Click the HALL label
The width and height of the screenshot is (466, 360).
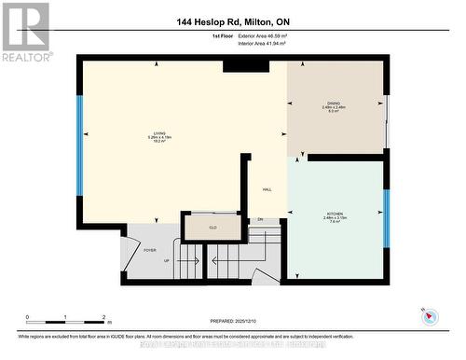coord(267,187)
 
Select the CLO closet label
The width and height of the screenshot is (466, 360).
coord(212,226)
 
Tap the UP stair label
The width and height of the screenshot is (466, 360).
coord(166,260)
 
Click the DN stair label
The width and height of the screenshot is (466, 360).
coord(261,220)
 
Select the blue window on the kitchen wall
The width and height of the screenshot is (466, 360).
coord(386,218)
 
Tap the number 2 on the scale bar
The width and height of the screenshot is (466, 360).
coord(103,316)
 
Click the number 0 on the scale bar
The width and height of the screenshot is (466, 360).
coord(28,316)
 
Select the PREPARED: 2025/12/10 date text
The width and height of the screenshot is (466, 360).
coord(233,323)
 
